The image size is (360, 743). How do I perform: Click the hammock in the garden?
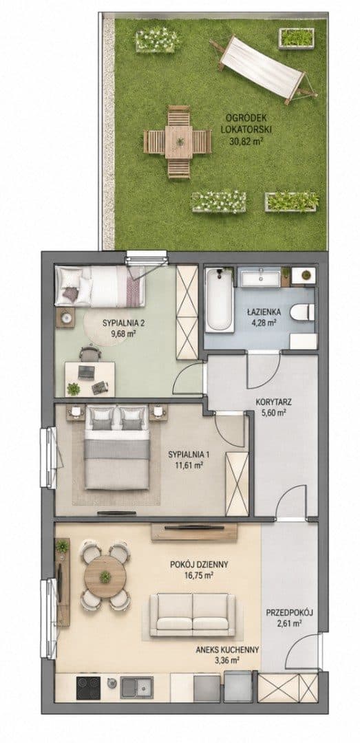(264, 69)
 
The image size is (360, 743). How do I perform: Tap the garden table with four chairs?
(178, 142)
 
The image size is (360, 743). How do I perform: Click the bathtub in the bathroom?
(220, 301)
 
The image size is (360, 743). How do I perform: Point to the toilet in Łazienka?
(301, 312)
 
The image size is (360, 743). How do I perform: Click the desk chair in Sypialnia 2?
(89, 354)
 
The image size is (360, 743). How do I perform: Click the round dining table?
(105, 577)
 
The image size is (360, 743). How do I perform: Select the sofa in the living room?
(193, 614)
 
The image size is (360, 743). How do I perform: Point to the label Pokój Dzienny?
(199, 564)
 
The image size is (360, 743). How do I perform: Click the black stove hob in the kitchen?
(89, 687)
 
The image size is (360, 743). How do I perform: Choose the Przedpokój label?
(289, 612)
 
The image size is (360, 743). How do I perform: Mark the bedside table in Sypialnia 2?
(65, 317)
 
